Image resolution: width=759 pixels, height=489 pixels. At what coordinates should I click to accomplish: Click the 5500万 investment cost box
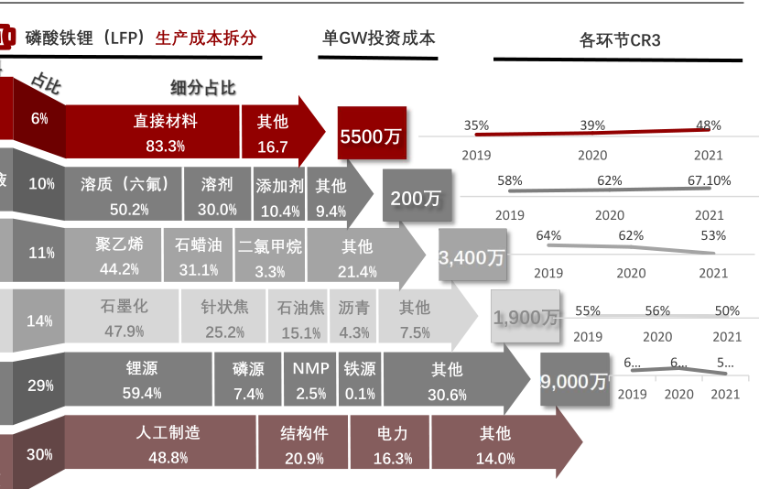point(371,136)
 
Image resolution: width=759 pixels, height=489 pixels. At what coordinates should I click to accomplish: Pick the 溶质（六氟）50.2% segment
point(125,196)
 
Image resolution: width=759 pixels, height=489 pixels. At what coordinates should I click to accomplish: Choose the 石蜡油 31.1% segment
point(199,256)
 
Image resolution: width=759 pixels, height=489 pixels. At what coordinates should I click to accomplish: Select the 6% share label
point(39,119)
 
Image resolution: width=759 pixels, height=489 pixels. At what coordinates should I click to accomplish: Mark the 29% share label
point(40,386)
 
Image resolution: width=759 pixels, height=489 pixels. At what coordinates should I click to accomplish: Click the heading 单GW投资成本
point(379,38)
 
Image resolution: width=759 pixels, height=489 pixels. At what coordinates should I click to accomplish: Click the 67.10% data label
point(709,180)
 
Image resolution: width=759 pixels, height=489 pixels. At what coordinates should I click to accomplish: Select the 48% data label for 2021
point(708,125)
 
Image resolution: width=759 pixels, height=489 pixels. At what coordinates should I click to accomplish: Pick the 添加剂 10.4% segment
point(280,197)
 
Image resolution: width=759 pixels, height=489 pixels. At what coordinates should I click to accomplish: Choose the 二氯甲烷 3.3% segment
point(270,257)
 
